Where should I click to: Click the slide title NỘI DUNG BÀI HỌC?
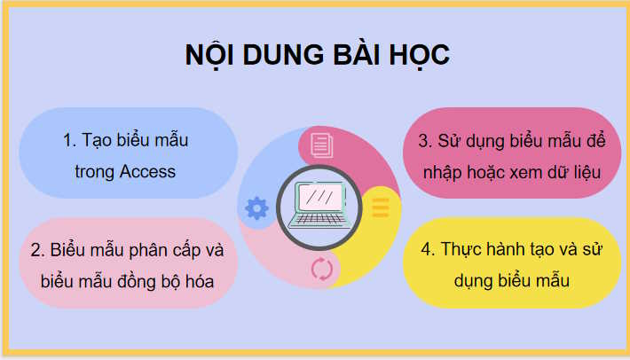[x=317, y=54]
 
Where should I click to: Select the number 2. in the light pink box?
[x=37, y=250]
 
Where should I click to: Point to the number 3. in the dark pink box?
[x=425, y=141]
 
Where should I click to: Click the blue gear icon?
[x=256, y=208]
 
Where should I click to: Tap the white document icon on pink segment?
[x=321, y=142]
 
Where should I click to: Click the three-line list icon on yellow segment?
[x=380, y=207]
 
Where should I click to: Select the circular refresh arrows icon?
[x=321, y=270]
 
